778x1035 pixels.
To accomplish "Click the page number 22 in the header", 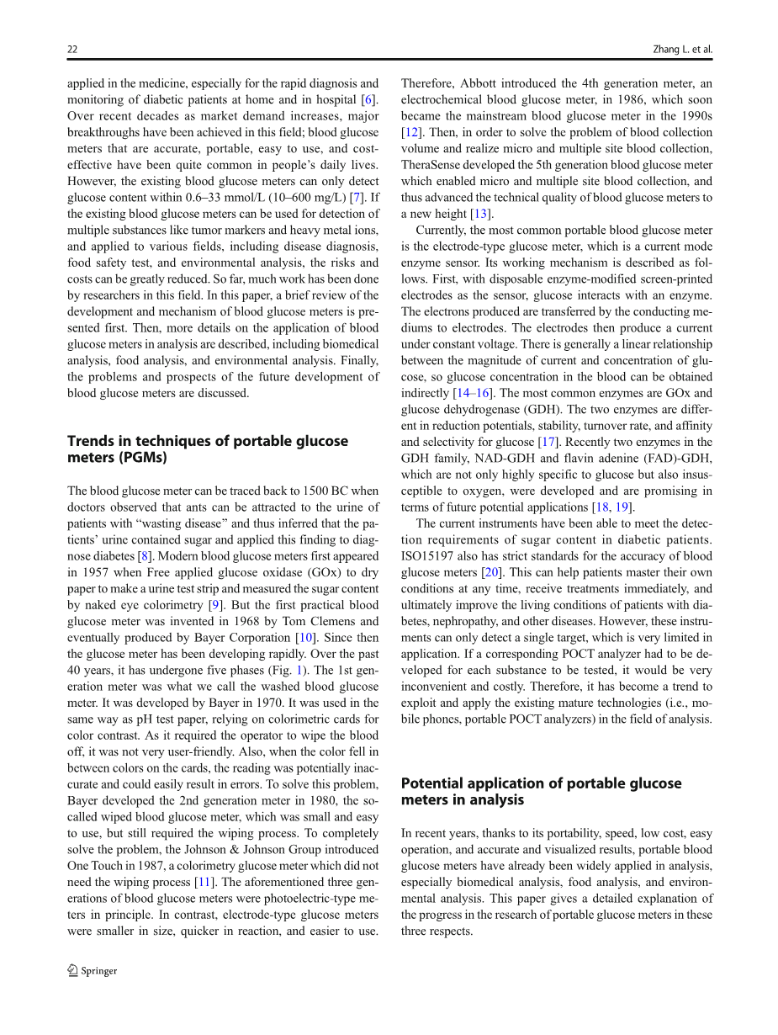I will (72, 50).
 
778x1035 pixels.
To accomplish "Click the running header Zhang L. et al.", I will (682, 50).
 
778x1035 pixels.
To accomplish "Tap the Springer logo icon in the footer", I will (72, 970).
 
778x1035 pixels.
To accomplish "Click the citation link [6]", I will (368, 99).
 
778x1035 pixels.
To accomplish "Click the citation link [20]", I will (490, 572).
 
